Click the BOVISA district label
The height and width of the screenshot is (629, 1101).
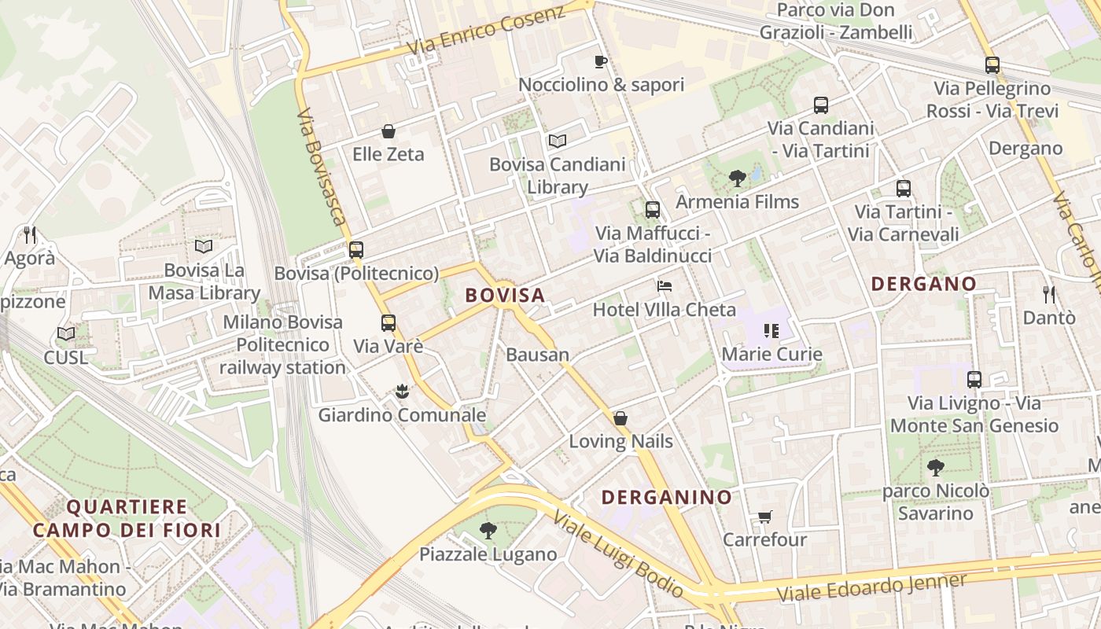pyautogui.click(x=505, y=295)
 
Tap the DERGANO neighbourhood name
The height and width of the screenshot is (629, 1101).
pyautogui.click(x=923, y=284)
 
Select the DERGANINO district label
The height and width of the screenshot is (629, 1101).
pyautogui.click(x=666, y=497)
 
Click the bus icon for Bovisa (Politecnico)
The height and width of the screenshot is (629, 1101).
pyautogui.click(x=356, y=250)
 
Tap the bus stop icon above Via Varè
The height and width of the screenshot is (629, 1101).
pyautogui.click(x=388, y=322)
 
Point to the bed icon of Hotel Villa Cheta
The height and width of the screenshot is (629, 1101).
pyautogui.click(x=665, y=286)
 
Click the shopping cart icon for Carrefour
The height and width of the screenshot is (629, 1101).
pyautogui.click(x=764, y=517)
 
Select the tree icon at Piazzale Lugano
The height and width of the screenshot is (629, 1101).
pyautogui.click(x=488, y=531)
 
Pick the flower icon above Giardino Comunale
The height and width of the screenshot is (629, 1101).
pyautogui.click(x=402, y=391)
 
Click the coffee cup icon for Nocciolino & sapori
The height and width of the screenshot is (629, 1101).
pyautogui.click(x=601, y=61)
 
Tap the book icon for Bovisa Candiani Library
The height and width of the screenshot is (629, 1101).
pyautogui.click(x=558, y=141)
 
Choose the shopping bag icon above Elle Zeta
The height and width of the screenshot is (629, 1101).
pyautogui.click(x=388, y=131)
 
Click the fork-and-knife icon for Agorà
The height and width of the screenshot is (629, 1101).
pyautogui.click(x=30, y=234)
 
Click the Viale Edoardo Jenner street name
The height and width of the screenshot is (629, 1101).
pyautogui.click(x=871, y=587)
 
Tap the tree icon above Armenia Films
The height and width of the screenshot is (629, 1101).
pyautogui.click(x=737, y=178)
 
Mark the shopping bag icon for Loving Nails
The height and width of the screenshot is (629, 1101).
pyautogui.click(x=620, y=417)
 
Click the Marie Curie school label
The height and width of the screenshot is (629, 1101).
pyautogui.click(x=771, y=354)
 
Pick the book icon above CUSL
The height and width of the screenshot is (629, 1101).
pyautogui.click(x=66, y=334)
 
